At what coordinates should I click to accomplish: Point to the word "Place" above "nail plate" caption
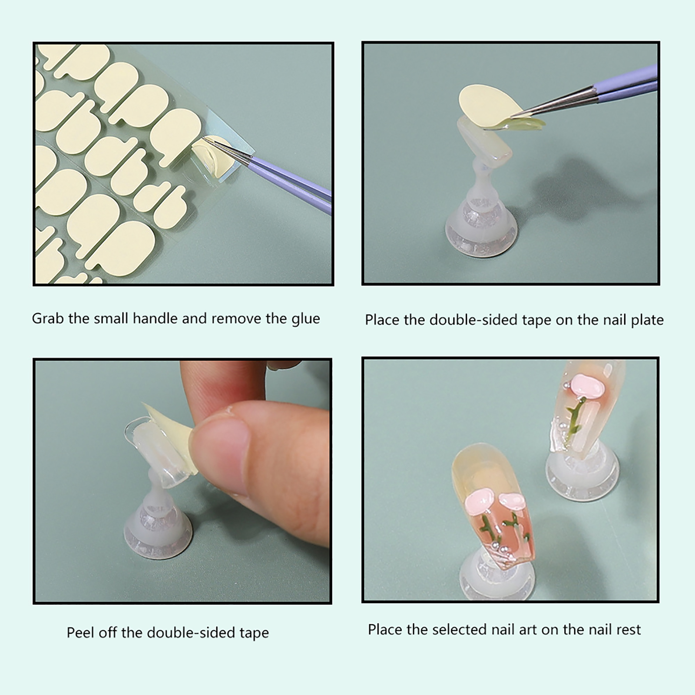[382, 320]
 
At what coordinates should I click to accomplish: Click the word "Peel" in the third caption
[80, 632]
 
